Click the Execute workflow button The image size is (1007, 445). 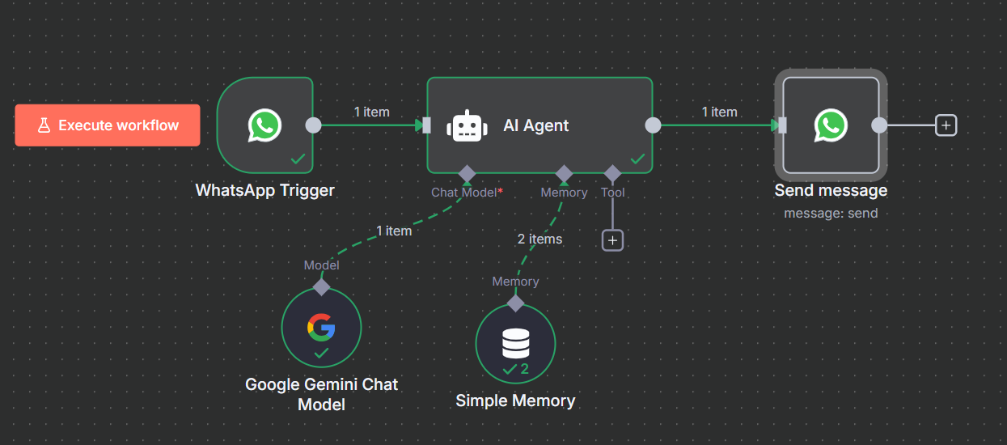[108, 125]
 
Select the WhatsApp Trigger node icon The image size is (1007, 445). [264, 125]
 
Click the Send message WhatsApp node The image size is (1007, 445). [831, 125]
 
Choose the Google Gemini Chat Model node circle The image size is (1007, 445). [321, 327]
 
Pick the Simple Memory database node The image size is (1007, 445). [515, 344]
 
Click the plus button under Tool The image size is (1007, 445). [612, 240]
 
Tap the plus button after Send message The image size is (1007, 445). [946, 125]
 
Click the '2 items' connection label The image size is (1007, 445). [539, 239]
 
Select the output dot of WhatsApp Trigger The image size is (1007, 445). [313, 125]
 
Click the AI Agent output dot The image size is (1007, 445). [653, 125]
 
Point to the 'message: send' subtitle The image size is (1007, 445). [831, 214]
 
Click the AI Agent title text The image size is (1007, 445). [535, 125]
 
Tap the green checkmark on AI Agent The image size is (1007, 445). [637, 159]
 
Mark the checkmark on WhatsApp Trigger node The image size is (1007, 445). [298, 159]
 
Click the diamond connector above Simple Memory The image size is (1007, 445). [515, 303]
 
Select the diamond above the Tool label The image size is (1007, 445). [612, 173]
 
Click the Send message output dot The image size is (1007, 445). [879, 125]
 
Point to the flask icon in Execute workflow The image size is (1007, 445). [44, 125]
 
